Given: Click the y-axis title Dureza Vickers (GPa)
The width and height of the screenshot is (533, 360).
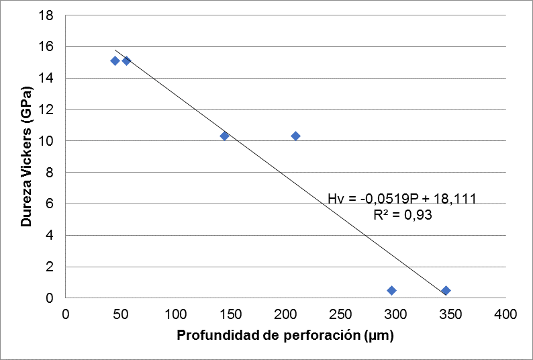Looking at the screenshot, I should (26, 156).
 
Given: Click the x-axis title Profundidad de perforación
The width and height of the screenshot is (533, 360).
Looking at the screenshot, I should (285, 336).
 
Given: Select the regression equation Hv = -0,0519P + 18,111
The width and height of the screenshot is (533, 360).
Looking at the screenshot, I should (402, 198).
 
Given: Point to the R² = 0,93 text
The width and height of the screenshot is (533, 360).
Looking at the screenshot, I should (402, 215).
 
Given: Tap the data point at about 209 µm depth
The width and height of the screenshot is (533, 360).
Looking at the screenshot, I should (295, 136).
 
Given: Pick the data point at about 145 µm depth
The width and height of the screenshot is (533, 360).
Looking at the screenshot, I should (225, 136).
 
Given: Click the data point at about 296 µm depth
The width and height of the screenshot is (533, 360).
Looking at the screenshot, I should (391, 290).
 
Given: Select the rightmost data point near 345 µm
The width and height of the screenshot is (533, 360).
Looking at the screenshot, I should (445, 290).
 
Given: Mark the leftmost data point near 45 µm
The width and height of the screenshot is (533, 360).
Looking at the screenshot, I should (115, 60).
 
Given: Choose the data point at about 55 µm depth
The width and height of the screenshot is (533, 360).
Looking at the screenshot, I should (126, 60).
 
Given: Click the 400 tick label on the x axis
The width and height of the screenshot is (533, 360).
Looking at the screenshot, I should (505, 314).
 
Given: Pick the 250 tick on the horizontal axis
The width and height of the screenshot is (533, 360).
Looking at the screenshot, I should (340, 314).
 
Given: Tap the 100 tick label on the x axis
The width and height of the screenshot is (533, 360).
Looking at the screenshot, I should (175, 314).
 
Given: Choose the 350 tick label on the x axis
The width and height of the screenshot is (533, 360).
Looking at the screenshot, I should (450, 314).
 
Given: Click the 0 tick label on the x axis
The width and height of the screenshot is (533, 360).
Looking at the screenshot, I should (65, 314).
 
